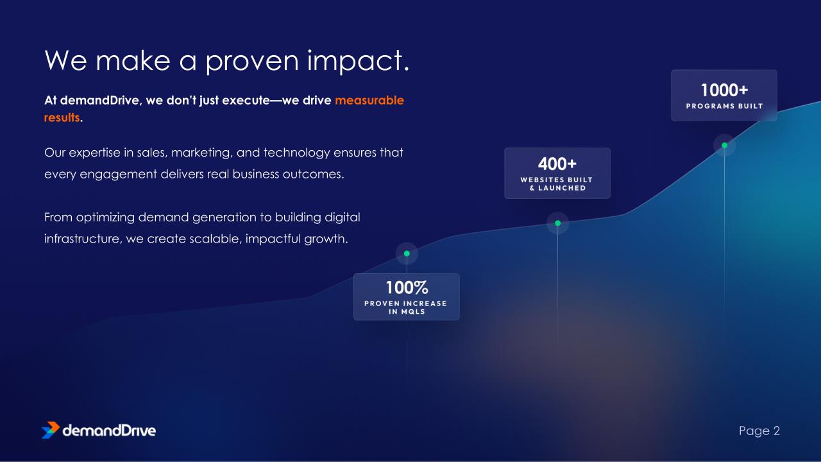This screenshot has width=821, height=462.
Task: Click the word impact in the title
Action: [x=358, y=61]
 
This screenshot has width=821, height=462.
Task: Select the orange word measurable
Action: [x=369, y=100]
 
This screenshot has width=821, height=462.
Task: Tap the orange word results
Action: [x=62, y=117]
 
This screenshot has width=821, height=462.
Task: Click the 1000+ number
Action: [x=724, y=90]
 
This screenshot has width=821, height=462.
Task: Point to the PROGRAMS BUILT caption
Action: [x=724, y=107]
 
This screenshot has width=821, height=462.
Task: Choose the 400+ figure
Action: [x=557, y=164]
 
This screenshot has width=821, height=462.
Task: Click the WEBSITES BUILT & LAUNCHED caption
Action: [x=557, y=184]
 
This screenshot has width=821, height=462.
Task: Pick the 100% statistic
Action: [x=407, y=287]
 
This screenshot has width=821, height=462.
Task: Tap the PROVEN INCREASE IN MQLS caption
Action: [x=406, y=307]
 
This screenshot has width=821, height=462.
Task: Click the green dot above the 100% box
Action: [x=407, y=253]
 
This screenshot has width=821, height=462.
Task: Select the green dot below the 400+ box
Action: [x=558, y=223]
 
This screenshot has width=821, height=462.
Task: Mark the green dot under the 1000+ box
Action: [x=725, y=145]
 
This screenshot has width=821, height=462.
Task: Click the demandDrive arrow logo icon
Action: [x=51, y=430]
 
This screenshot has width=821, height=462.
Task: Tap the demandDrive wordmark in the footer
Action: [x=109, y=431]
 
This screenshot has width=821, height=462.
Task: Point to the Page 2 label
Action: [x=759, y=431]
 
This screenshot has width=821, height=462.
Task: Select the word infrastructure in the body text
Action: [x=83, y=239]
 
